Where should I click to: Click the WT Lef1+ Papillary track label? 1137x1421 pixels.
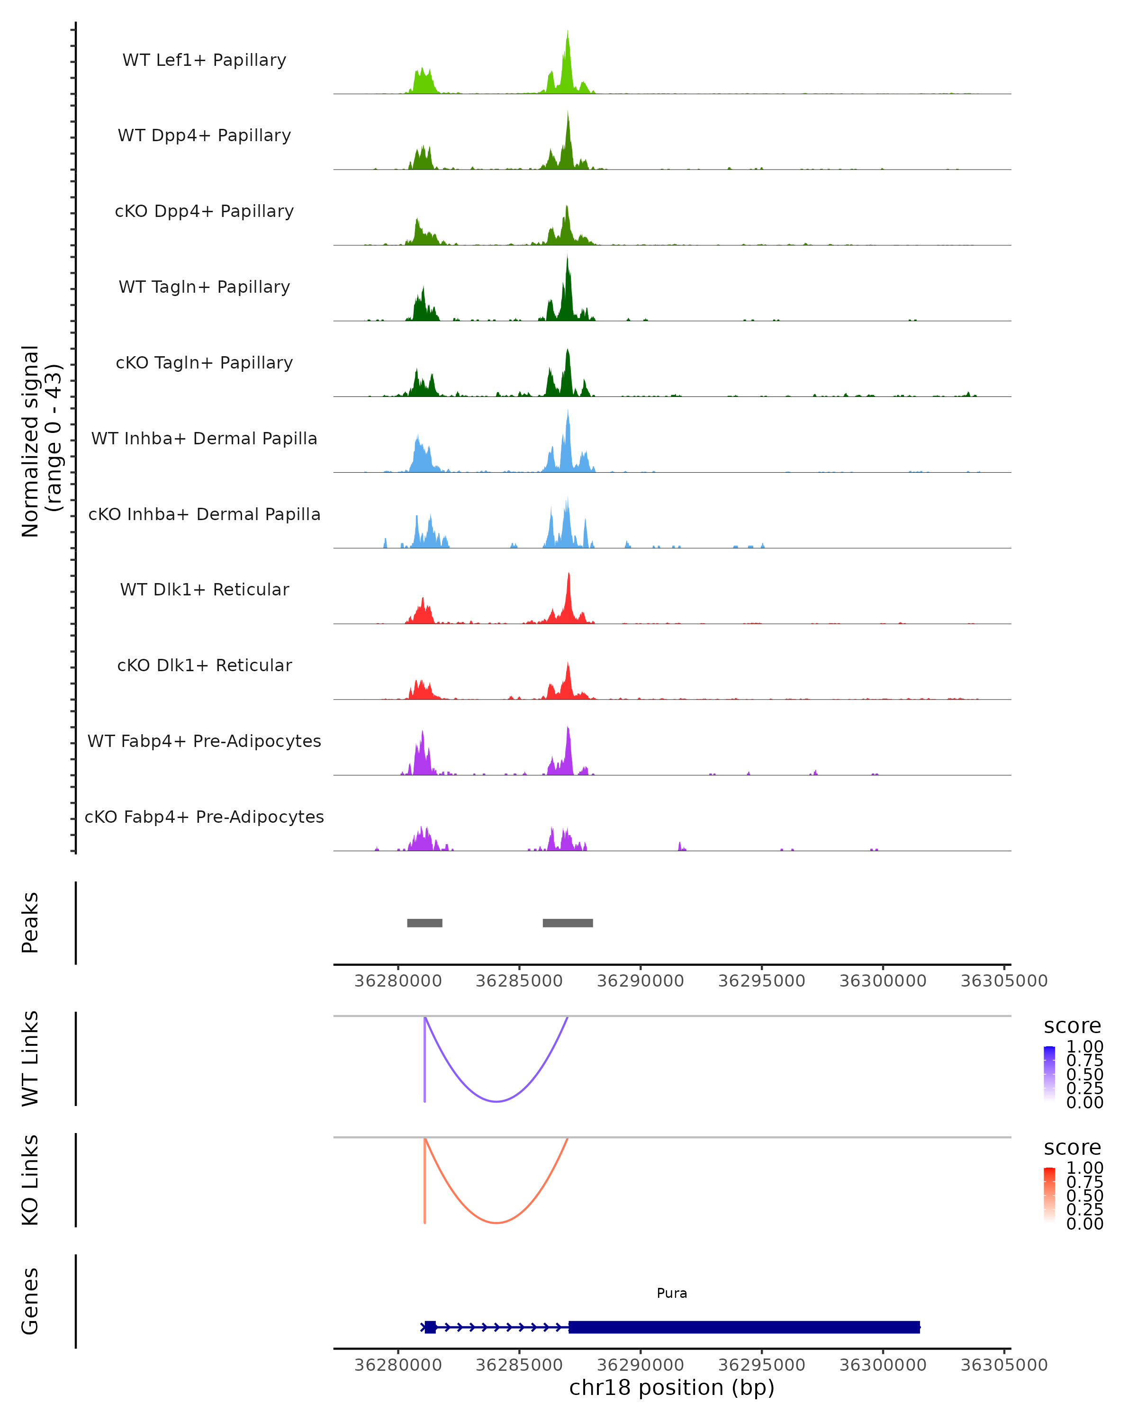[x=204, y=60]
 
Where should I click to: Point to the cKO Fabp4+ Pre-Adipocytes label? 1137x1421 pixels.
[x=204, y=817]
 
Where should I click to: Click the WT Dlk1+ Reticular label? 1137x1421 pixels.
[x=204, y=589]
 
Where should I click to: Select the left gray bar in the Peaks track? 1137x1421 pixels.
[x=424, y=923]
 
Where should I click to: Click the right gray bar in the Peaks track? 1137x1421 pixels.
[x=568, y=923]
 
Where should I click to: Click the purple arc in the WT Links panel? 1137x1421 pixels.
[x=496, y=1101]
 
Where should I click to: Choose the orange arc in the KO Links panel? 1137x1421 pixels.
[x=496, y=1223]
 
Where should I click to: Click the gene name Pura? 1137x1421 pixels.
[x=672, y=1293]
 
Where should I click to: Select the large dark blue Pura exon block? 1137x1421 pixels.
[x=743, y=1327]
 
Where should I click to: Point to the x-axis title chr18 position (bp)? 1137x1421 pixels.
[x=672, y=1388]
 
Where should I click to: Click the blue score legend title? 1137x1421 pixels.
[x=1073, y=1026]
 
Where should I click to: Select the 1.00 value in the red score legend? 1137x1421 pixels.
[x=1085, y=1168]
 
